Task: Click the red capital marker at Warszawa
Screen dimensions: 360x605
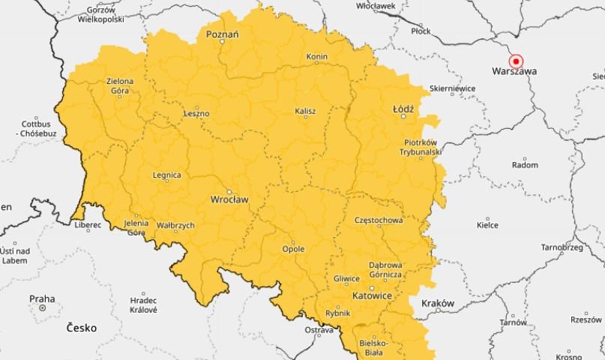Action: (x=515, y=61)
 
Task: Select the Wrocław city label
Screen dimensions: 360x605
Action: (x=229, y=199)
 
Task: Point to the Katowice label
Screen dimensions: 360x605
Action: (x=372, y=295)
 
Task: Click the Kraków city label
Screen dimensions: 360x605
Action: (x=438, y=303)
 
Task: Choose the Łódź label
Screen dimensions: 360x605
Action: (x=403, y=109)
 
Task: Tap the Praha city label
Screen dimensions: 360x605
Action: (x=42, y=298)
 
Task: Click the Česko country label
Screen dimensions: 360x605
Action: (x=81, y=328)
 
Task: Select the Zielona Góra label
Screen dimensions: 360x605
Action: (x=119, y=86)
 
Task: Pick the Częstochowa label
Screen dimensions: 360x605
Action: (x=379, y=220)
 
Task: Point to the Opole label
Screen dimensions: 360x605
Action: (x=293, y=248)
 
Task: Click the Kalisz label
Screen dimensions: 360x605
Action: (x=305, y=111)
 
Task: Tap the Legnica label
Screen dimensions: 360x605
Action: (x=166, y=175)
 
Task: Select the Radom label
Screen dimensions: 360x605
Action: (x=524, y=165)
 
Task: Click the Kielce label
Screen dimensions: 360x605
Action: (x=487, y=224)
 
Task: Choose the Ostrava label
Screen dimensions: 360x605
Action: (x=318, y=330)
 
